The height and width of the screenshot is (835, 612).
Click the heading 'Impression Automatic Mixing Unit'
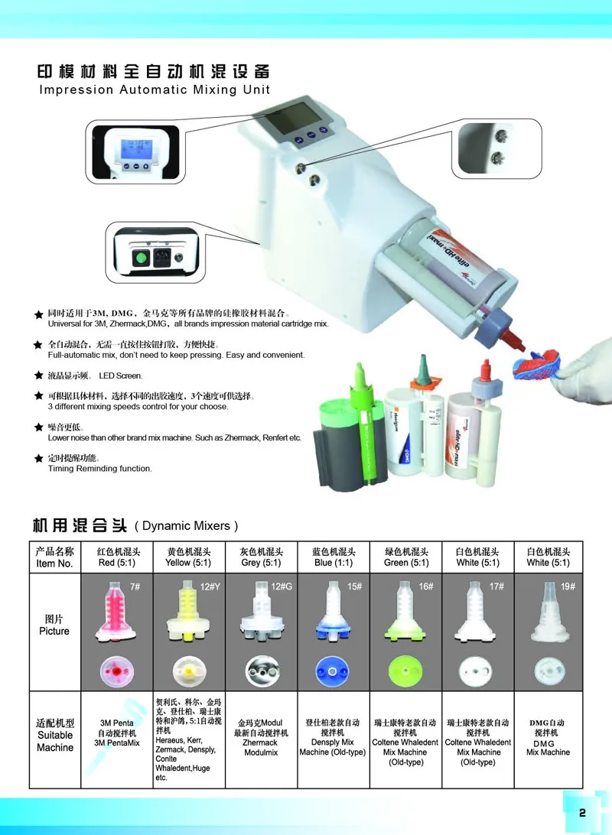(x=155, y=89)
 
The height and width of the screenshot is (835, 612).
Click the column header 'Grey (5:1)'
(x=260, y=562)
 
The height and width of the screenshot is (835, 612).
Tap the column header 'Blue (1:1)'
(x=334, y=562)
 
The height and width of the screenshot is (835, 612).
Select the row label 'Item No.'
(x=54, y=563)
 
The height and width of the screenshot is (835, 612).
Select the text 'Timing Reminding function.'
(x=100, y=468)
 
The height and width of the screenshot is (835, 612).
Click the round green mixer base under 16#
(x=405, y=671)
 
